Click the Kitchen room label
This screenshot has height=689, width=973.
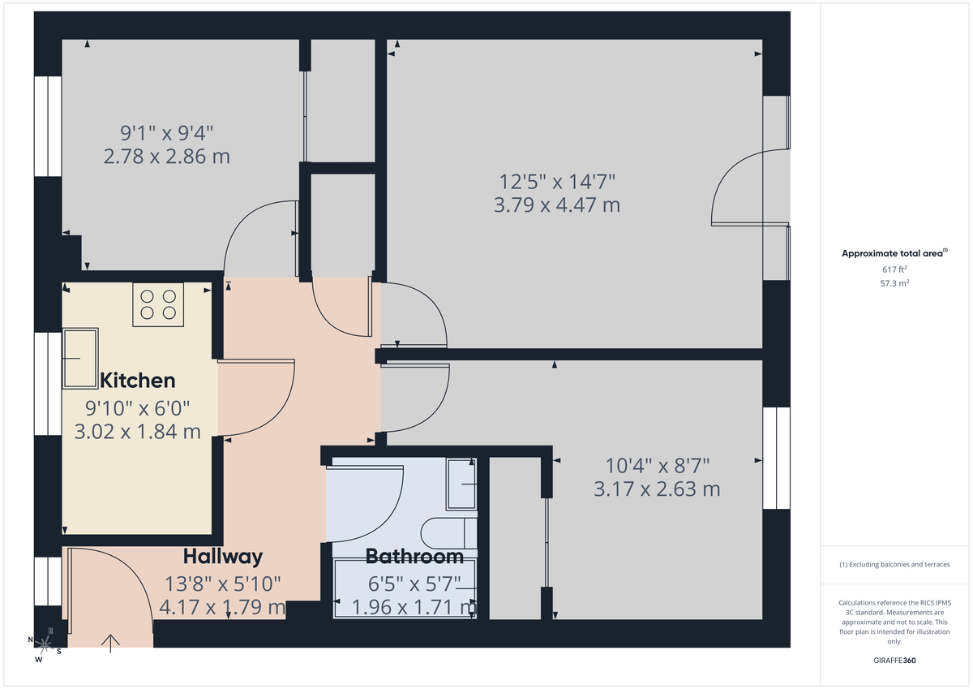pyautogui.click(x=137, y=381)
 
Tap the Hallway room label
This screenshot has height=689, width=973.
pyautogui.click(x=222, y=557)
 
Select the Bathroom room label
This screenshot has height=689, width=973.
pyautogui.click(x=414, y=557)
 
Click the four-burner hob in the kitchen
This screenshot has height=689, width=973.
pyautogui.click(x=158, y=304)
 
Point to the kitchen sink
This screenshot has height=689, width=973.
pyautogui.click(x=80, y=358)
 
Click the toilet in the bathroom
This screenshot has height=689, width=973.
pyautogui.click(x=448, y=533)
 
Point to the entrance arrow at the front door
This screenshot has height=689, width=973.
pyautogui.click(x=110, y=643)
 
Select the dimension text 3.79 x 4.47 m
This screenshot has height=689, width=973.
pyautogui.click(x=556, y=205)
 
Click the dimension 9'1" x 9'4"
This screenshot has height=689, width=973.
pyautogui.click(x=166, y=131)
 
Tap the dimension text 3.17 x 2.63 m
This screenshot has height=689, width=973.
pyautogui.click(x=657, y=489)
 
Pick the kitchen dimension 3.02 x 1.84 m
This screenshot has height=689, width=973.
pyautogui.click(x=137, y=432)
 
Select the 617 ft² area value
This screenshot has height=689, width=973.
pyautogui.click(x=894, y=269)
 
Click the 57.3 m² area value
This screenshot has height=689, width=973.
pyautogui.click(x=894, y=284)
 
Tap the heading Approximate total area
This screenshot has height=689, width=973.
pyautogui.click(x=892, y=254)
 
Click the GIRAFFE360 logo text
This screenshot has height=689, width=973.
pyautogui.click(x=894, y=661)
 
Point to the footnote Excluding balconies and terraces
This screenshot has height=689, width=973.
pyautogui.click(x=894, y=564)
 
